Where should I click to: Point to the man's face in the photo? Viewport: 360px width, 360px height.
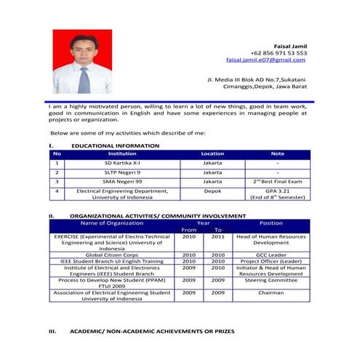(82, 49)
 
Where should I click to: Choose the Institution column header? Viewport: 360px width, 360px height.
(122, 154)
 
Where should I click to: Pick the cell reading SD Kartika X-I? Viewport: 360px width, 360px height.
(122, 164)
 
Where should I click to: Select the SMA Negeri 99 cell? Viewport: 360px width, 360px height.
(122, 181)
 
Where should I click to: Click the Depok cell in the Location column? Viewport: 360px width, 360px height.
(212, 191)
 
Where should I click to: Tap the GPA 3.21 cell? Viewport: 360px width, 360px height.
(277, 191)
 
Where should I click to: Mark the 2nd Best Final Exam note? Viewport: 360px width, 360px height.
(277, 181)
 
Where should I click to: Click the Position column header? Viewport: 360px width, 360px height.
(271, 223)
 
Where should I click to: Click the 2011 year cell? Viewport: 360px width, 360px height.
(218, 237)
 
